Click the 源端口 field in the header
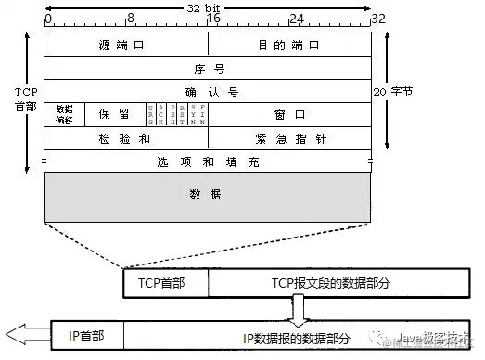click(x=125, y=45)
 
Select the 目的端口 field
click(x=289, y=45)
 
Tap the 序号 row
click(x=208, y=68)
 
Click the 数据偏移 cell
click(x=64, y=114)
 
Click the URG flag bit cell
click(x=150, y=114)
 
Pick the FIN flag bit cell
click(x=202, y=114)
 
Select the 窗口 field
click(x=289, y=114)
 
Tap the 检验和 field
click(x=125, y=138)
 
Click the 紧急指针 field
click(x=289, y=138)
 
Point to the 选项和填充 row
click(x=208, y=161)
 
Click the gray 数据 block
click(x=208, y=196)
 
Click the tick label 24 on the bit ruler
click(x=297, y=18)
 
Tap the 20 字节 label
click(x=394, y=92)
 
